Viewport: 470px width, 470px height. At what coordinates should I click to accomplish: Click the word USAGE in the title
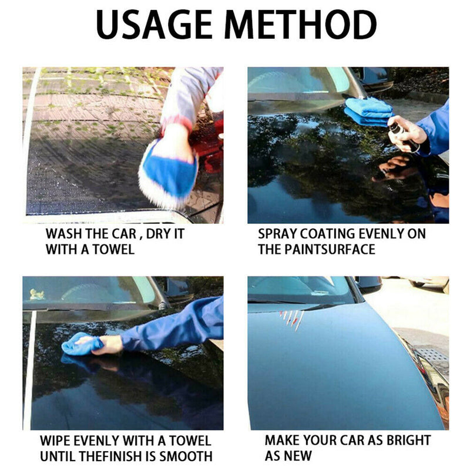click(155, 25)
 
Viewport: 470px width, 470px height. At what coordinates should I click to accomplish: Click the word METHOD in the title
click(301, 25)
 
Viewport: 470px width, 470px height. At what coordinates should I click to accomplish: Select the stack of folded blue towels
click(368, 112)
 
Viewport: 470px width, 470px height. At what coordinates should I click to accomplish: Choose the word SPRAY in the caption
click(277, 234)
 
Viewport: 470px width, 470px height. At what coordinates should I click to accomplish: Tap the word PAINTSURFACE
click(330, 249)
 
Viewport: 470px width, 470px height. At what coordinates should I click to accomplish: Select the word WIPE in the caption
click(55, 441)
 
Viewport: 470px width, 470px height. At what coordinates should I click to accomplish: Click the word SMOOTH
click(186, 456)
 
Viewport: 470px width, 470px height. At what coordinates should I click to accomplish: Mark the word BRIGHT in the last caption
click(408, 440)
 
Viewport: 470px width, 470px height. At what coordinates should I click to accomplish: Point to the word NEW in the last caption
click(298, 456)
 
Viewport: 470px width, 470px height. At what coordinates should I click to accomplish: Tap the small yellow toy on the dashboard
click(37, 294)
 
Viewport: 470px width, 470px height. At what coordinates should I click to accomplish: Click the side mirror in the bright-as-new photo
click(369, 284)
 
